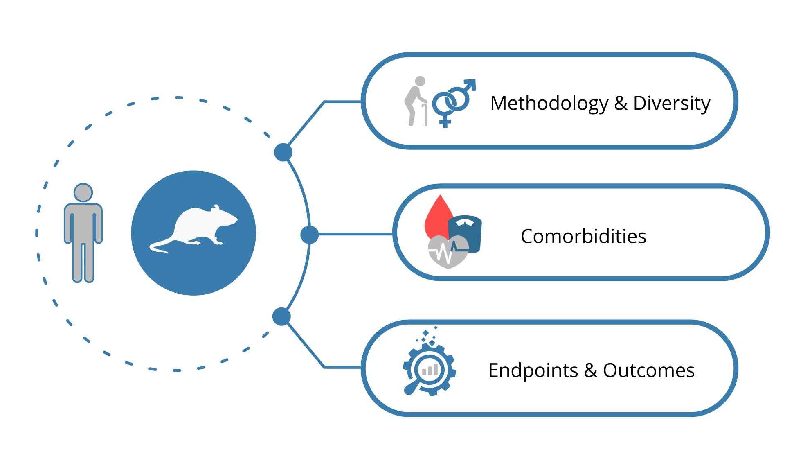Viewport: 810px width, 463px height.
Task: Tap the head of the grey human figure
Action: (x=83, y=192)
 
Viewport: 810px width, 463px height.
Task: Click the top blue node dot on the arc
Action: (x=283, y=152)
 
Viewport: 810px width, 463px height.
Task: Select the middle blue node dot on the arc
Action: (x=309, y=235)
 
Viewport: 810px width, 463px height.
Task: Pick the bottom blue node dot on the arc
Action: (x=281, y=316)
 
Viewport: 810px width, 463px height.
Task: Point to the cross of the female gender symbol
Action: (x=445, y=121)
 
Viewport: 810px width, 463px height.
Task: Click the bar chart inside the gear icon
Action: (x=430, y=370)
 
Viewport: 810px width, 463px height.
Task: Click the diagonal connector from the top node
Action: (x=307, y=123)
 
